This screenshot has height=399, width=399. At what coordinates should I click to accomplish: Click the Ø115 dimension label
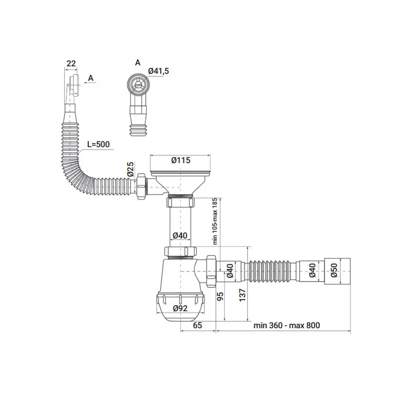click(181, 160)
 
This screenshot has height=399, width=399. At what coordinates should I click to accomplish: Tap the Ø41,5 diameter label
click(159, 71)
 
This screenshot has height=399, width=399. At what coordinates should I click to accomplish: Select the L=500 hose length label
click(98, 144)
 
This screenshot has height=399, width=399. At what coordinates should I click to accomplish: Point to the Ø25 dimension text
click(130, 169)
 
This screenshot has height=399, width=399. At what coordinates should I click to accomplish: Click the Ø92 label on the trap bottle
click(180, 308)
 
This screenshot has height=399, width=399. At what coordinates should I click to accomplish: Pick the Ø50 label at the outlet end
click(334, 270)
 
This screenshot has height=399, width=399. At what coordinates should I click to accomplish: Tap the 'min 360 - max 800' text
click(286, 325)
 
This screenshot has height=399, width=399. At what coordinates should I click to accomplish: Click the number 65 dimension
click(198, 325)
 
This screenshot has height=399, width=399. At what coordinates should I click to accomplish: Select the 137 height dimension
click(242, 295)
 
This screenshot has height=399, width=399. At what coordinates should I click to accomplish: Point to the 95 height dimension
click(220, 296)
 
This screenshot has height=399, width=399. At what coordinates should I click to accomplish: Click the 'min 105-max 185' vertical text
click(215, 221)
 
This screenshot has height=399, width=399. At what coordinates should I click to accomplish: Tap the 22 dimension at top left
click(71, 63)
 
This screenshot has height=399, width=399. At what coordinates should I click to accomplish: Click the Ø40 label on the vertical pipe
click(180, 235)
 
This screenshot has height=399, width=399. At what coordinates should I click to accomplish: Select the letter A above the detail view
click(138, 63)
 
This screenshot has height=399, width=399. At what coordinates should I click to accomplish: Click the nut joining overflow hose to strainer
click(142, 187)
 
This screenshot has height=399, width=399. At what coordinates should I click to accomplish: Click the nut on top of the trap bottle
click(181, 251)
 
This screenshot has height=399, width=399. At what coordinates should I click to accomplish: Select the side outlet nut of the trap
click(211, 271)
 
